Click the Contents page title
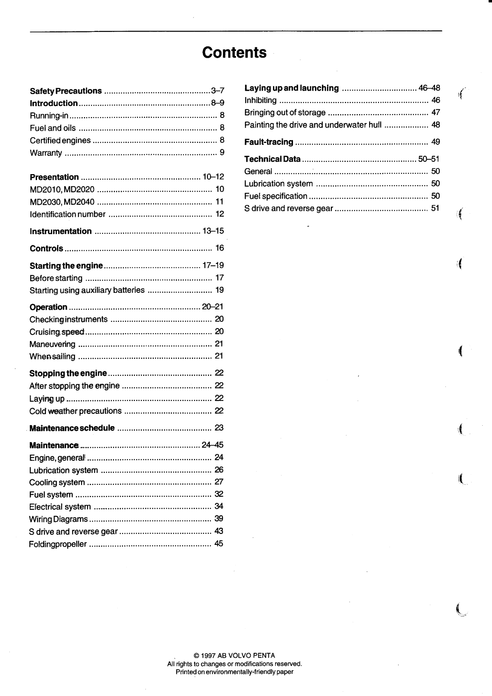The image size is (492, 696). pos(234,52)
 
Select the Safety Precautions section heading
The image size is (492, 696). pos(66,91)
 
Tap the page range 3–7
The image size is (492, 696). pos(217,91)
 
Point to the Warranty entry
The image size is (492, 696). pos(46,153)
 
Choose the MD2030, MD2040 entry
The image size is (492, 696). pos(62,202)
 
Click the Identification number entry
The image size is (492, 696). pos(68,214)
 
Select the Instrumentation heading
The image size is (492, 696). pos(61,231)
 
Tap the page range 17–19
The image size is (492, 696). pos(213,265)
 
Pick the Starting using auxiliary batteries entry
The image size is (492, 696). pos(87,290)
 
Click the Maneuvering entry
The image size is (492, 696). pos(52,344)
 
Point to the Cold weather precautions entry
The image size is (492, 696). pos(75,411)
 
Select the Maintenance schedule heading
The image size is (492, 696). pos(72,428)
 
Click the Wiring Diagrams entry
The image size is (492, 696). pos(58,519)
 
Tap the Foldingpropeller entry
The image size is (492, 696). pos(58,544)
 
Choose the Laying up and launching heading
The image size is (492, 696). pos(292,88)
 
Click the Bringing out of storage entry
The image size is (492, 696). pos(285,113)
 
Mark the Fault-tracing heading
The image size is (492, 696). pos(269,142)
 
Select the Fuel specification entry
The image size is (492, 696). pos(276,196)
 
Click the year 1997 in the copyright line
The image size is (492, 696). pos(208,656)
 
